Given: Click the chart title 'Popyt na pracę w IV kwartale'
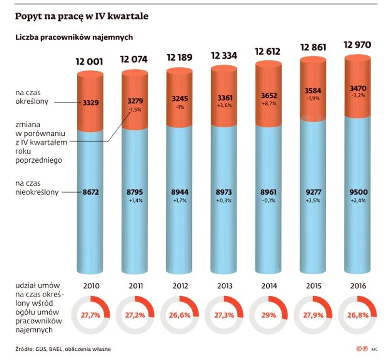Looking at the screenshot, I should tap(81, 16).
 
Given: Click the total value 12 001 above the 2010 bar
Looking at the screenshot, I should tap(90, 61).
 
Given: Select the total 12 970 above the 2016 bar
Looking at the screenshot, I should tap(358, 45).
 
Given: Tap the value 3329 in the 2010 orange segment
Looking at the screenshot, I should tap(90, 102).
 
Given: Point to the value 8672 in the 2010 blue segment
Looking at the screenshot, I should tap(90, 192).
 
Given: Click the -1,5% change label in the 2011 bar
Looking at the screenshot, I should tap(135, 110).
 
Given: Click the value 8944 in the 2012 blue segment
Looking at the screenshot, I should tap(179, 192).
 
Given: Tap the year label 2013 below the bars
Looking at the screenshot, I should tap(224, 286).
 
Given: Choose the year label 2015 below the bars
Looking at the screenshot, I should tap(313, 286).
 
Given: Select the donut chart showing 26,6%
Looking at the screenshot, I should tap(179, 315).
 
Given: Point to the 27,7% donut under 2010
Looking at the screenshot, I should tap(90, 315).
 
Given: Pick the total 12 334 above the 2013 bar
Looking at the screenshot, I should tap(224, 55).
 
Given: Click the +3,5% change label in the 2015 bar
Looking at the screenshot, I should tap(313, 200).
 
